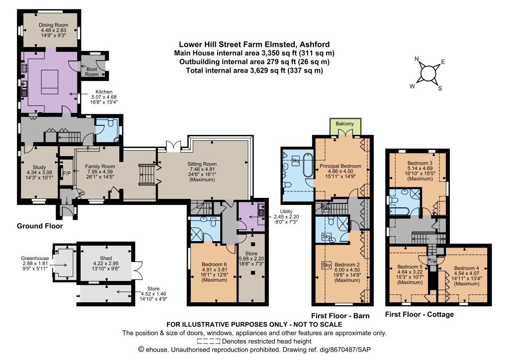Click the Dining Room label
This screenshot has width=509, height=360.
pyautogui.click(x=54, y=25)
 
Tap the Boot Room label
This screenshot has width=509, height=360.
pyautogui.click(x=92, y=72)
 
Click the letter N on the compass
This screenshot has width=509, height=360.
pyautogui.click(x=417, y=59)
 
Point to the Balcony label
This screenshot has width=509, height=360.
pyautogui.click(x=345, y=124)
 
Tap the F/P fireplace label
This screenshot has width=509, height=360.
pyautogui.click(x=67, y=174)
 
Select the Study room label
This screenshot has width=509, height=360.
pyautogui.click(x=39, y=168)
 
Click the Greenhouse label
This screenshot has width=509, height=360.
pyautogui.click(x=35, y=259)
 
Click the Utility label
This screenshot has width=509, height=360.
pyautogui.click(x=286, y=212)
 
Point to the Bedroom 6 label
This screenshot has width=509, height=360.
pyautogui.click(x=214, y=265)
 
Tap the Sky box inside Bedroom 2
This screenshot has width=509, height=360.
pyautogui.click(x=326, y=265)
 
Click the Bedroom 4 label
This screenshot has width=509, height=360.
pyautogui.click(x=466, y=268)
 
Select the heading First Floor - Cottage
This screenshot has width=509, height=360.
pyautogui.click(x=420, y=314)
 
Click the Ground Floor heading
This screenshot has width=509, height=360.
pyautogui.click(x=40, y=226)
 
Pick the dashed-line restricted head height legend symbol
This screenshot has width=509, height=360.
pyautogui.click(x=209, y=342)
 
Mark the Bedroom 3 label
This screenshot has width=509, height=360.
pyautogui.click(x=420, y=163)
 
